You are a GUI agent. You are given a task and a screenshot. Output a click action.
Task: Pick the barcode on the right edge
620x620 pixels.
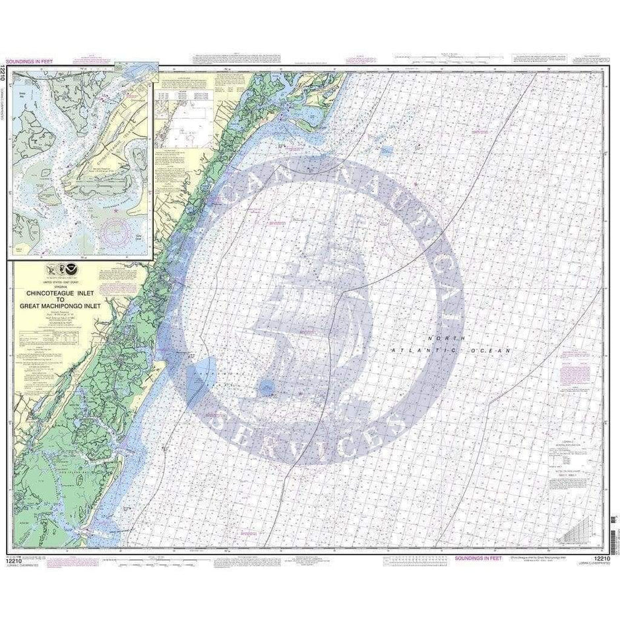(615, 535)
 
